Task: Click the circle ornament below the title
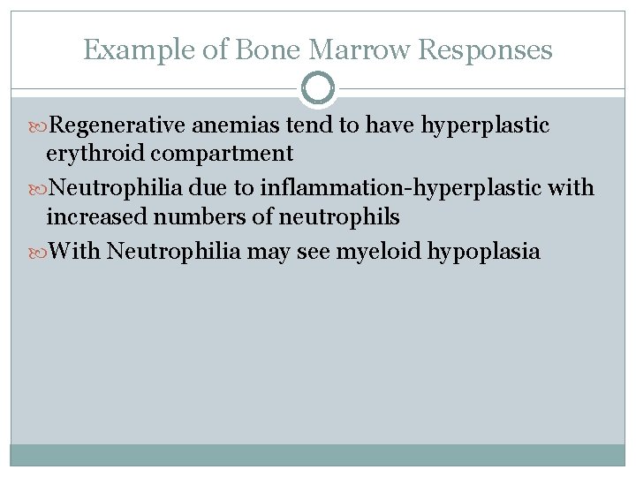pos(318,89)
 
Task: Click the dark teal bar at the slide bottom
pos(318,454)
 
